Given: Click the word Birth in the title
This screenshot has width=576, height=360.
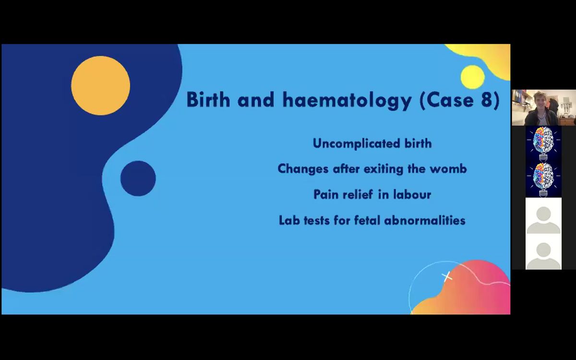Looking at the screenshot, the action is tap(208, 99).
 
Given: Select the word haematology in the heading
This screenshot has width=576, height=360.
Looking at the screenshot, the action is tap(347, 100).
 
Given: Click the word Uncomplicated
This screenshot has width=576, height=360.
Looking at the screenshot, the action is tap(356, 144).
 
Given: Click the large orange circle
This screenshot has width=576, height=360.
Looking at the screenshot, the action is tap(100, 85).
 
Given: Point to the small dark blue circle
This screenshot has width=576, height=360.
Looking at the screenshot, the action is tap(138, 179).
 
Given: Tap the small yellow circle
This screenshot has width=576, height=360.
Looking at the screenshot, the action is tap(473, 77).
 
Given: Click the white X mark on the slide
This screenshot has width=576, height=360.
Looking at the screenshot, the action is tap(447, 276).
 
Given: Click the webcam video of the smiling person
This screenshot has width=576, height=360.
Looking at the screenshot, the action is tap(544, 108).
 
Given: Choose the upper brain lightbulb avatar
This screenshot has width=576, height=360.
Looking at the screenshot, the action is tap(543, 144).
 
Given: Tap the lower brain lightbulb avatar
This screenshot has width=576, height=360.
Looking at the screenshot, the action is tap(543, 180).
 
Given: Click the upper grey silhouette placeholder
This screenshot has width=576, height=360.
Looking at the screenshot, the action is tap(543, 216).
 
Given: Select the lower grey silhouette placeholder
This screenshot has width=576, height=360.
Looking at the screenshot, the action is tap(543, 252).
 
